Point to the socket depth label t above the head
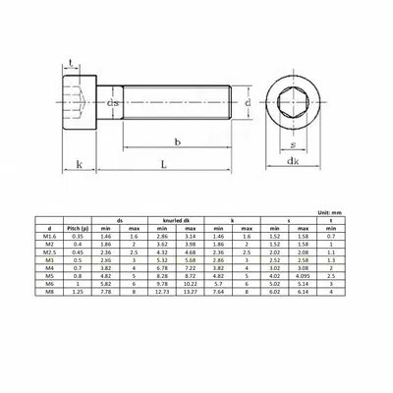point(72,64)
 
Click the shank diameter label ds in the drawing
point(115,102)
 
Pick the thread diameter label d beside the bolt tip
point(249,101)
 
